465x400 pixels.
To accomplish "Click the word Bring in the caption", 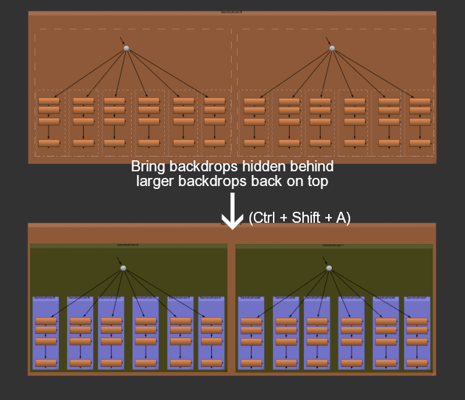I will pos(149,166).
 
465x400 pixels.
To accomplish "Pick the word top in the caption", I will pos(313,180).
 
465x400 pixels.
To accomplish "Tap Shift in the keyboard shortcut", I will pos(306,218).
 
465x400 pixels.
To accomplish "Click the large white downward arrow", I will pos(232,212).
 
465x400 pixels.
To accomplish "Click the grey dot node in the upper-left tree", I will pos(127,48).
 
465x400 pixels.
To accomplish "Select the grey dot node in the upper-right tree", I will pos(332,48).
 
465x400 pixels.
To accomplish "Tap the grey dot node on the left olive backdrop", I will pos(124,268).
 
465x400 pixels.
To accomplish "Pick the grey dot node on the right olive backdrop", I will pos(329,268).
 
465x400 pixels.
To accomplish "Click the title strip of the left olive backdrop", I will pos(129,246).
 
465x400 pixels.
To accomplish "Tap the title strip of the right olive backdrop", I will pos(334,246).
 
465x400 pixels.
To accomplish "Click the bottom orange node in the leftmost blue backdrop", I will pos(46,362).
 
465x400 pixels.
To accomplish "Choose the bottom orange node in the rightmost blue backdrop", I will pos(417,362).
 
